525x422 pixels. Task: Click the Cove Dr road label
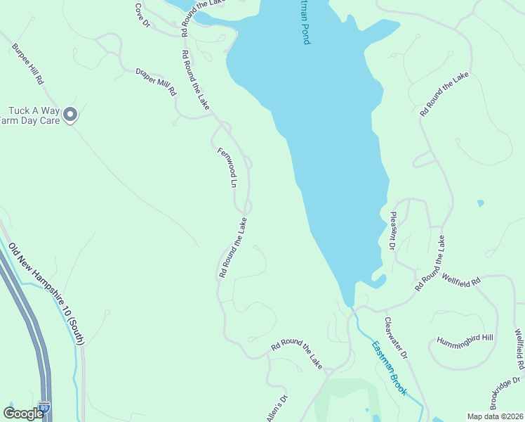click(x=142, y=14)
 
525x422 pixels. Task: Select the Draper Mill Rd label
click(x=156, y=82)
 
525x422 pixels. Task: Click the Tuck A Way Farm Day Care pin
click(x=69, y=114)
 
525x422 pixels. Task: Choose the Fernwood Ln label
click(x=227, y=167)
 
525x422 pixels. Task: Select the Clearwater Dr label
click(x=397, y=341)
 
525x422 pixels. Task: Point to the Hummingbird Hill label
click(x=465, y=338)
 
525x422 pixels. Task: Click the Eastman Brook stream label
click(x=389, y=368)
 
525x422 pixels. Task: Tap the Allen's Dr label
click(x=277, y=408)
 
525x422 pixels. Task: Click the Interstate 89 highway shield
click(x=45, y=407)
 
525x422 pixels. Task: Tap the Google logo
click(x=23, y=414)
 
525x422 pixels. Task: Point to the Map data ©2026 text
click(x=495, y=416)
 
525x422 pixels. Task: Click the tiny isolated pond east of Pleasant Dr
click(x=480, y=203)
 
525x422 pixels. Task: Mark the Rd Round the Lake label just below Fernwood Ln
click(x=233, y=247)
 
